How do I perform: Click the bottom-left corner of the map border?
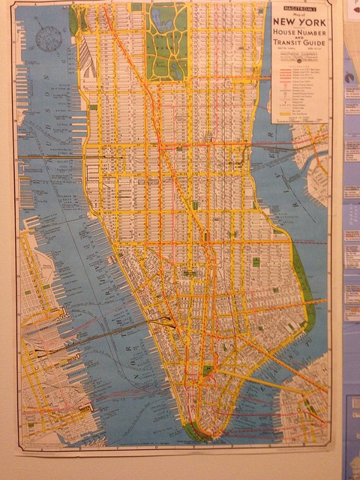[20, 448]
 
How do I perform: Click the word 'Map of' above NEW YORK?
[300, 14]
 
